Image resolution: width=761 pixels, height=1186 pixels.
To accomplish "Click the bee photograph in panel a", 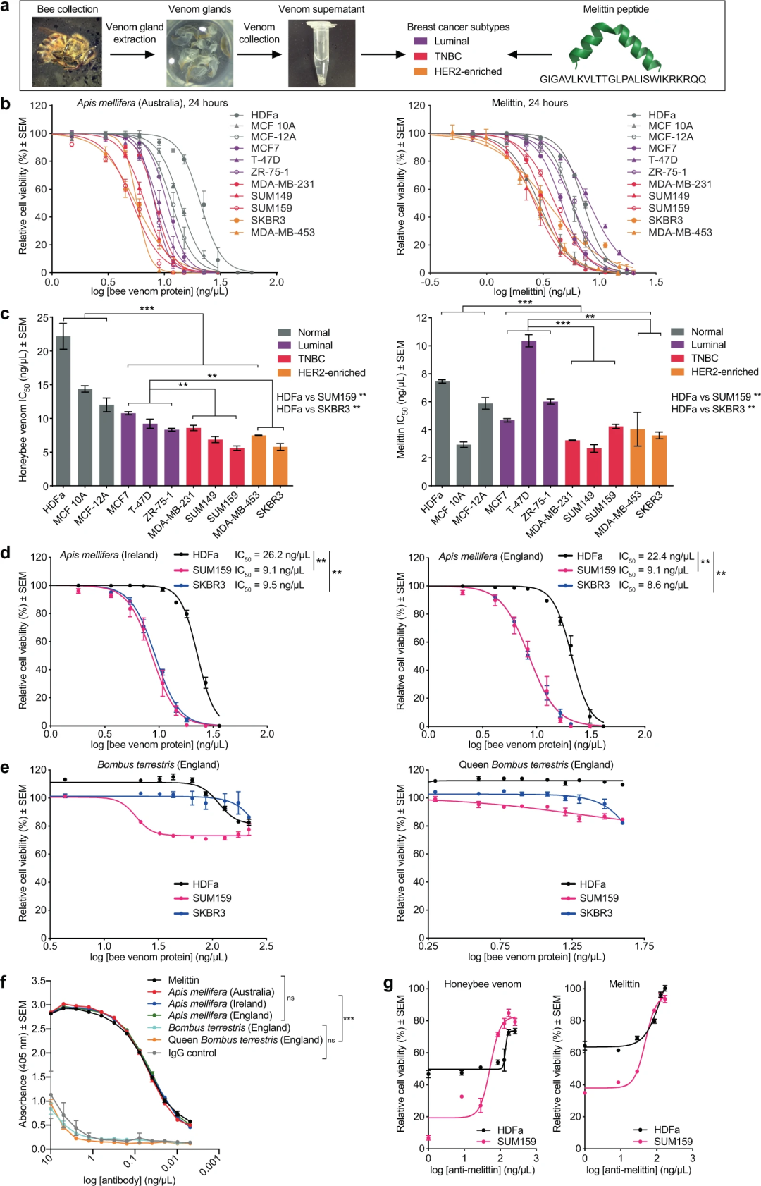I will pyautogui.click(x=67, y=53).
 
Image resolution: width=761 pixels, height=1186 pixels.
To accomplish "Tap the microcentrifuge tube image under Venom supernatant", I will pyautogui.click(x=321, y=54).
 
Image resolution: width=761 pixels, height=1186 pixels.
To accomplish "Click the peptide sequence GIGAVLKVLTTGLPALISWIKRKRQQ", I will pyautogui.click(x=623, y=79).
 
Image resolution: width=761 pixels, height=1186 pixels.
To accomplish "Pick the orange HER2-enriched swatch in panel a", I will pyautogui.click(x=421, y=71).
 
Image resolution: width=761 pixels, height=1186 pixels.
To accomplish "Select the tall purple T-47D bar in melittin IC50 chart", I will pyautogui.click(x=528, y=412).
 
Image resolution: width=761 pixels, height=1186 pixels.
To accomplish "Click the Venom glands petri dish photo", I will pyautogui.click(x=199, y=54).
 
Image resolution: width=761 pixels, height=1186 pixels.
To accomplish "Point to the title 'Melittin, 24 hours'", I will pyautogui.click(x=529, y=103).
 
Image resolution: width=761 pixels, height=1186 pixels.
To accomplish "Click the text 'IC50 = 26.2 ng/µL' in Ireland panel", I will pyautogui.click(x=272, y=555).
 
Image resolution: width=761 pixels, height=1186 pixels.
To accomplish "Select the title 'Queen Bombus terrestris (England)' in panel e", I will pyautogui.click(x=536, y=764).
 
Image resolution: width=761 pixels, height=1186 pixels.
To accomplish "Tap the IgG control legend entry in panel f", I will pyautogui.click(x=192, y=1053).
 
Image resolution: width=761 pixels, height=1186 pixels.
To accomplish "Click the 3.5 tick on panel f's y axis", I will pyautogui.click(x=38, y=981).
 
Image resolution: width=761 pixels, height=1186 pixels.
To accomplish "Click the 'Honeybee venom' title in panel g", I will pyautogui.click(x=483, y=984).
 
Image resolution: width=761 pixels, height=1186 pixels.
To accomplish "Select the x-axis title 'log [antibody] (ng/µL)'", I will pyautogui.click(x=129, y=1180).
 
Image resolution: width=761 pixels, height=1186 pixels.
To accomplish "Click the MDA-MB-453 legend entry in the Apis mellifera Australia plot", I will pyautogui.click(x=283, y=232).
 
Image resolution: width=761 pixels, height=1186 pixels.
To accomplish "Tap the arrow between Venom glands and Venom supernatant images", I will pyautogui.click(x=260, y=54).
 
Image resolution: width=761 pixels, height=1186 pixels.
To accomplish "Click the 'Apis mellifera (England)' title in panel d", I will pyautogui.click(x=490, y=556).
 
